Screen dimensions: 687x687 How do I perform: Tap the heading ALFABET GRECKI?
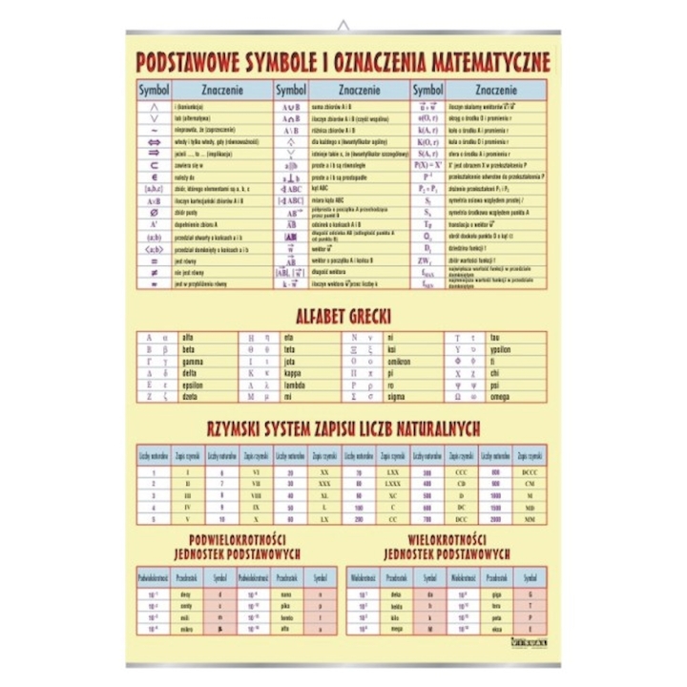343,316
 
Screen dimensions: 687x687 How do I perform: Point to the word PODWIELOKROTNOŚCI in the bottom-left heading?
236,538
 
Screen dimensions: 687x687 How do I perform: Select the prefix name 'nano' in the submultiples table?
284,593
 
